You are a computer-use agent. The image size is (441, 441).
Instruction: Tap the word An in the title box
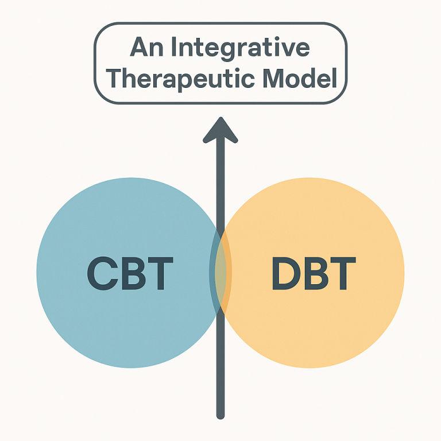[146, 47]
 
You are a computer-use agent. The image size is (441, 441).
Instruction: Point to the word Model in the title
[300, 78]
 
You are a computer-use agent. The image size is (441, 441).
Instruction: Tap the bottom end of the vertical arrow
[220, 416]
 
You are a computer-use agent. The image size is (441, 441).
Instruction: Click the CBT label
[130, 273]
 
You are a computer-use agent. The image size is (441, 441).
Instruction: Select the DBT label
[314, 273]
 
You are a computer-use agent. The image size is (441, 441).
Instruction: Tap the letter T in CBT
[160, 273]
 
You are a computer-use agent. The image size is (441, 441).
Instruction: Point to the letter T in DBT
[343, 273]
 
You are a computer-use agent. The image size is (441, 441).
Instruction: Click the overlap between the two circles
[220, 272]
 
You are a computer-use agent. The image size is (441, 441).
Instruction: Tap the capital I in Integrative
[173, 47]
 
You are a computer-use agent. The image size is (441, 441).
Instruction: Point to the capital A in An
[139, 47]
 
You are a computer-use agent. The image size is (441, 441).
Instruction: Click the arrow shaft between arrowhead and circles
[220, 185]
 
